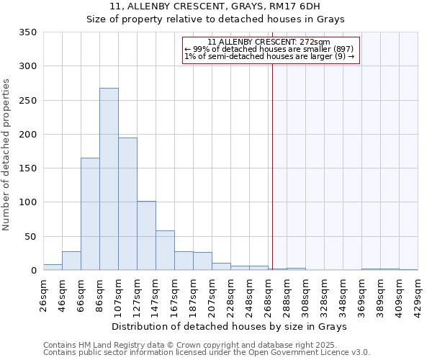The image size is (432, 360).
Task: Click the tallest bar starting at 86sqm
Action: tap(109, 179)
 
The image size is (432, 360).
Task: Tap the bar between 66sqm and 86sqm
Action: tap(90, 214)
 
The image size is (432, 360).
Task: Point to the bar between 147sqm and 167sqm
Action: tap(165, 251)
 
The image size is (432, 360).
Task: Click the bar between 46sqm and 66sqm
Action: tap(71, 261)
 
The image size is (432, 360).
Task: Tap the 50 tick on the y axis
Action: tap(30, 236)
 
